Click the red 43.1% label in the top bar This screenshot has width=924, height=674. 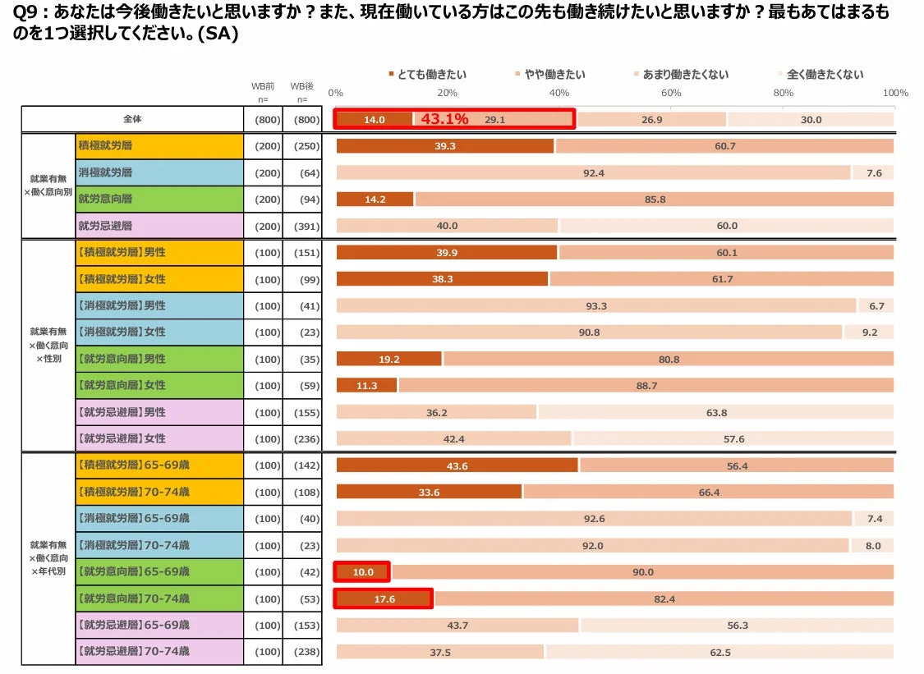[x=444, y=119]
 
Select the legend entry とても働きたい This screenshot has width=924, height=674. [x=422, y=74]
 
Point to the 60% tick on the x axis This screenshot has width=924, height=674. [x=671, y=93]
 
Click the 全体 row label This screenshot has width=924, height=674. [x=132, y=119]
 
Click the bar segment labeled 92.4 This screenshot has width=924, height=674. [x=593, y=172]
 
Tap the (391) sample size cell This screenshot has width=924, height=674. [x=301, y=226]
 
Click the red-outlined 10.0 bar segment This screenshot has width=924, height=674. [x=362, y=572]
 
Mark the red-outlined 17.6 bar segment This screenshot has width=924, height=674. [x=384, y=599]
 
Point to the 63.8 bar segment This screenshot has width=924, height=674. [x=715, y=412]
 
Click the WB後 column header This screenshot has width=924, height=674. [x=301, y=86]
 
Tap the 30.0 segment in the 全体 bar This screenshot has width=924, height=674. [x=810, y=119]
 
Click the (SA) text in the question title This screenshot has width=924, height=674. [x=207, y=36]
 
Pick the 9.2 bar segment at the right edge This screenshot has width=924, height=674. [x=870, y=332]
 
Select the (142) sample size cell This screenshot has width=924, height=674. [x=301, y=465]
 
